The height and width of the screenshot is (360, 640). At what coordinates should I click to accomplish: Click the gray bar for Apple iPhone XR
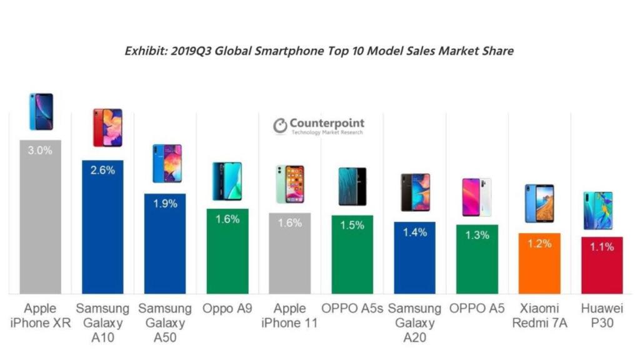pyautogui.click(x=41, y=219)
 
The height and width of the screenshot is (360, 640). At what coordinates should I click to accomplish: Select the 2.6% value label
pyautogui.click(x=103, y=169)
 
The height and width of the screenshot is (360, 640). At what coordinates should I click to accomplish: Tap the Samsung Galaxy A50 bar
pyautogui.click(x=165, y=244)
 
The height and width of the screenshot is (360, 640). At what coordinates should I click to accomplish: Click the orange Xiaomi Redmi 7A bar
pyautogui.click(x=539, y=266)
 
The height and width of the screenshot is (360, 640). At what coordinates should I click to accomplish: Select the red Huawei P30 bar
pyautogui.click(x=602, y=269)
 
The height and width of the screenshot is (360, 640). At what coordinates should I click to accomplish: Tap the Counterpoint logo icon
pyautogui.click(x=280, y=126)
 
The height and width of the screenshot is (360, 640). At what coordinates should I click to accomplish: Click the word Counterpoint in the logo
pyautogui.click(x=327, y=123)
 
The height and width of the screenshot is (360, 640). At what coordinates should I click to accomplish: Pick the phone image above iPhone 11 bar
pyautogui.click(x=290, y=184)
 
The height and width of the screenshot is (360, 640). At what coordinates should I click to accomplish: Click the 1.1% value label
pyautogui.click(x=602, y=247)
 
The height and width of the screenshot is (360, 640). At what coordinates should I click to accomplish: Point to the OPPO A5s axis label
pyautogui.click(x=352, y=308)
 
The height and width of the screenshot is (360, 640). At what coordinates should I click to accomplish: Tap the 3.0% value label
pyautogui.click(x=41, y=150)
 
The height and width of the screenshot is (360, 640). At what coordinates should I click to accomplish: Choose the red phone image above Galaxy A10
pyautogui.click(x=107, y=127)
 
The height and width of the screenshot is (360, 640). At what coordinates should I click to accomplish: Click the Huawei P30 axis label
pyautogui.click(x=602, y=316)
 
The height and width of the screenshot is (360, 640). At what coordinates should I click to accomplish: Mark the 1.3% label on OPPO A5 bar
pyautogui.click(x=477, y=235)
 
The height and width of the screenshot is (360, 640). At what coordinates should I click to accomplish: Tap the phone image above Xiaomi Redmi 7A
pyautogui.click(x=539, y=203)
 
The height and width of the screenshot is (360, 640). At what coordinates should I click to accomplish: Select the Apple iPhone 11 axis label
pyautogui.click(x=290, y=316)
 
